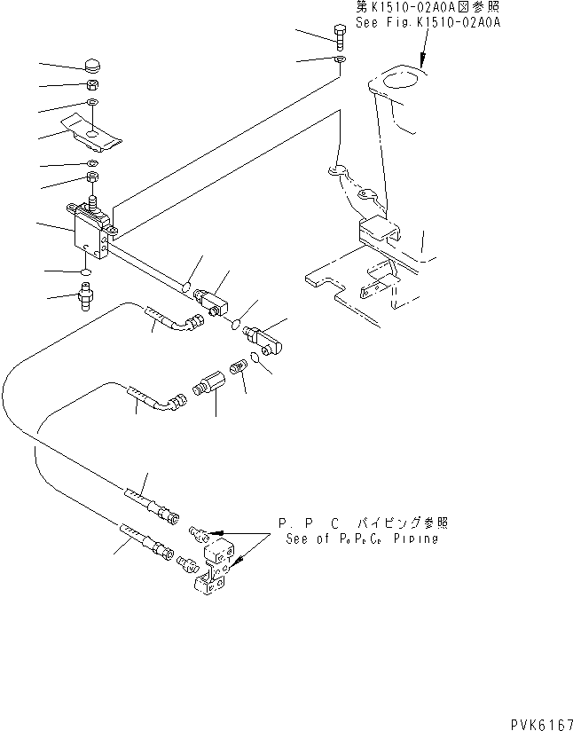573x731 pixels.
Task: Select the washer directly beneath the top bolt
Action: click(x=341, y=59)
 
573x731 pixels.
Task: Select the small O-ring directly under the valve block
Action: click(x=84, y=270)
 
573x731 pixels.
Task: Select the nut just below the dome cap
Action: click(x=93, y=86)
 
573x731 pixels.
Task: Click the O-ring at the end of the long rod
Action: click(x=187, y=286)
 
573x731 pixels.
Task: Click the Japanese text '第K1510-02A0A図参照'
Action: click(x=425, y=7)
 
